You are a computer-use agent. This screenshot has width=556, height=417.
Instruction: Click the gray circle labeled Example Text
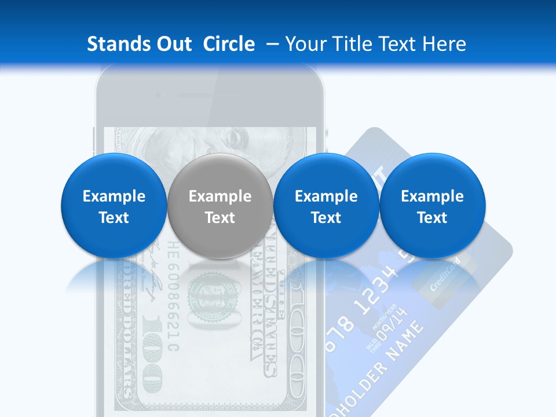coord(220,206)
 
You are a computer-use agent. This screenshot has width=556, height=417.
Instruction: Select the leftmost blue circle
coord(114,206)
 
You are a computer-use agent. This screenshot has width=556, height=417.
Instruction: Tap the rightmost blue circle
coord(432,206)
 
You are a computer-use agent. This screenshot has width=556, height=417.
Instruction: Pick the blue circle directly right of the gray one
coord(326,206)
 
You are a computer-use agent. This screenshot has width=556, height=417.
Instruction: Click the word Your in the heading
coord(304,44)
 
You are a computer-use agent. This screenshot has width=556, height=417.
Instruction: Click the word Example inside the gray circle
coord(220,196)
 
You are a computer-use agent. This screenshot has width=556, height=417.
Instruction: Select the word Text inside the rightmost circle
coord(432,218)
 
